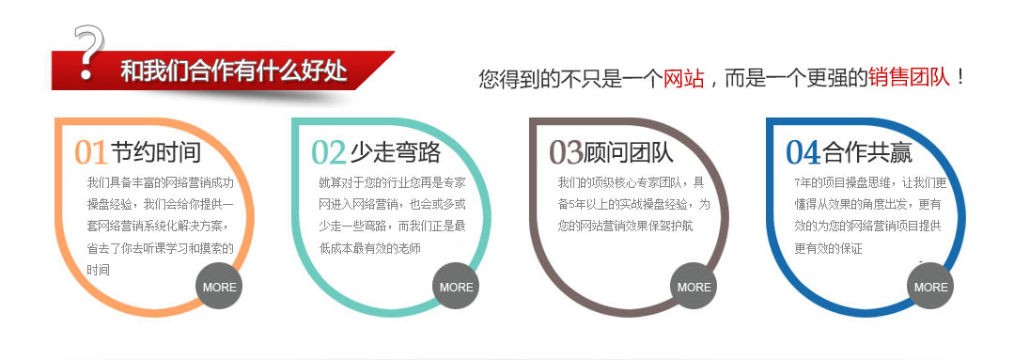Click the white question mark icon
(x=88, y=53)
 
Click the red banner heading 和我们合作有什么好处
(x=234, y=71)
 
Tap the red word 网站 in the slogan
(x=683, y=78)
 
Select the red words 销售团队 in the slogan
(x=908, y=78)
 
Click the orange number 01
(x=91, y=152)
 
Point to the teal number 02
(x=329, y=152)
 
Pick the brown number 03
(x=567, y=152)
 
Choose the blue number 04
(x=803, y=152)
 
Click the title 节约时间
(x=155, y=151)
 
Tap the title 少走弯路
(x=394, y=151)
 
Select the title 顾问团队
(x=631, y=151)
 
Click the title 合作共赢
(x=867, y=151)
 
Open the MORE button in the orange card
(x=220, y=287)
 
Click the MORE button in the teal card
(x=457, y=287)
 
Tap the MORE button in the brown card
(x=694, y=287)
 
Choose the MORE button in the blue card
(x=931, y=287)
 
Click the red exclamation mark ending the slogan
(x=960, y=78)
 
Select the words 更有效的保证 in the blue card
(x=828, y=248)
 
